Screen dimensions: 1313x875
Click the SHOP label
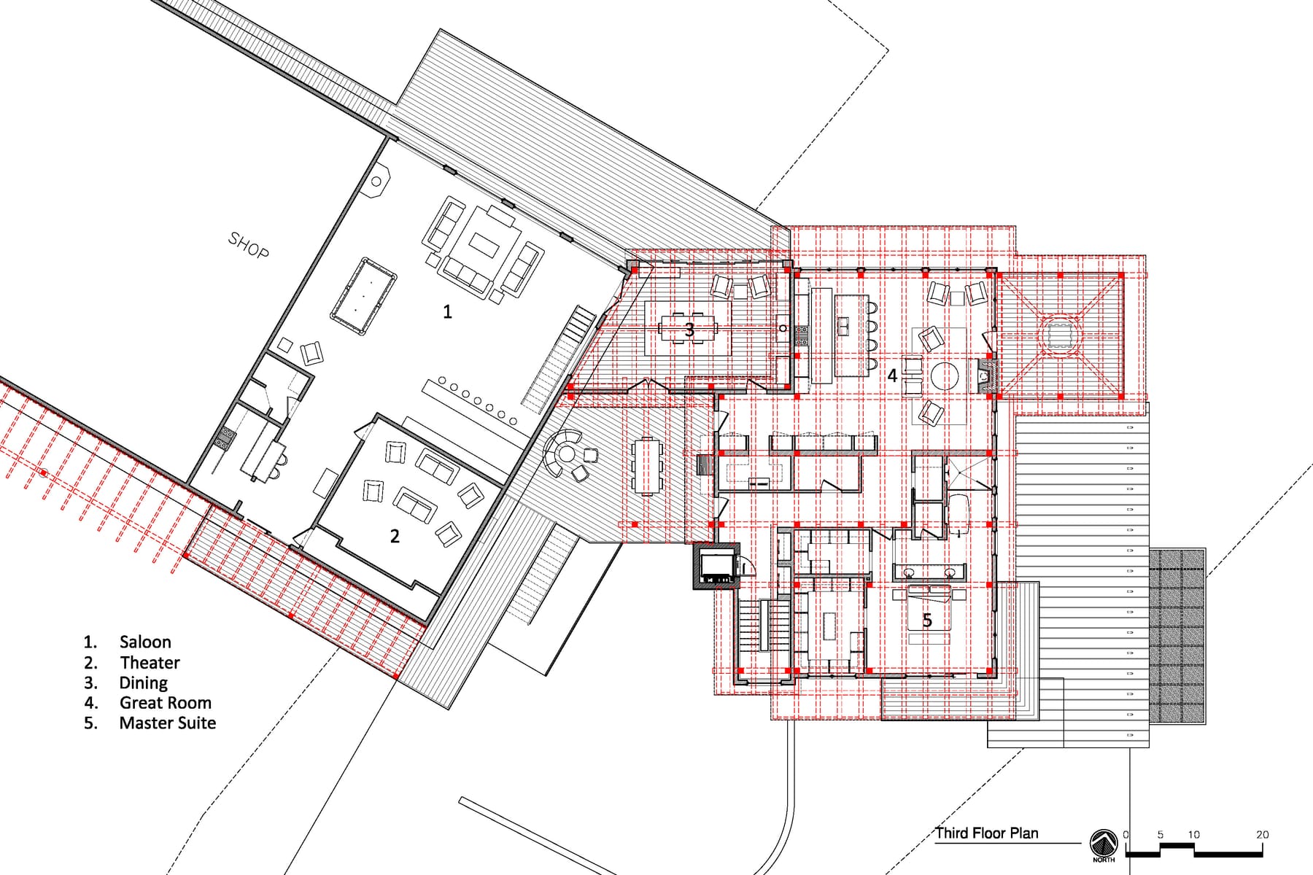(x=249, y=244)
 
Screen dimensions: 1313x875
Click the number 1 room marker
(x=447, y=312)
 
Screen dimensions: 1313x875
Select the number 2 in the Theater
(x=395, y=536)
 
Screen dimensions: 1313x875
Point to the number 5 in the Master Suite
(x=927, y=621)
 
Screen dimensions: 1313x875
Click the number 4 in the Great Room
(x=891, y=376)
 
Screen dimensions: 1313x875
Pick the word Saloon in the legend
(x=145, y=642)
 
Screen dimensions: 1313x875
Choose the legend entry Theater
(x=150, y=663)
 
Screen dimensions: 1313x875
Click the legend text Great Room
(x=166, y=703)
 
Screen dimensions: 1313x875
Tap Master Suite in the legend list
(x=168, y=723)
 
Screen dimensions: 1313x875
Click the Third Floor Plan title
(x=987, y=833)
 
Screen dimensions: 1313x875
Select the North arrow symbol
(x=1104, y=844)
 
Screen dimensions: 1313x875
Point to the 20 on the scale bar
(x=1262, y=835)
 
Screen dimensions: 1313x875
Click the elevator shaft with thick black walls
(x=716, y=567)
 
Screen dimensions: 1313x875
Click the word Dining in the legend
(x=143, y=683)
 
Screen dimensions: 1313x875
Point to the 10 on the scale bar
(x=1193, y=835)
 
